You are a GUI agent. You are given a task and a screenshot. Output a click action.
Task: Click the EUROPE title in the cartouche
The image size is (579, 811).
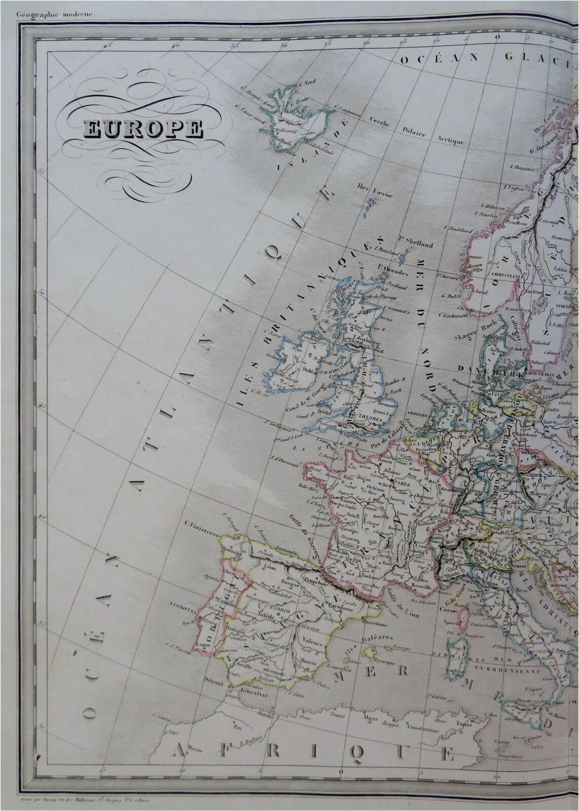(142, 130)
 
